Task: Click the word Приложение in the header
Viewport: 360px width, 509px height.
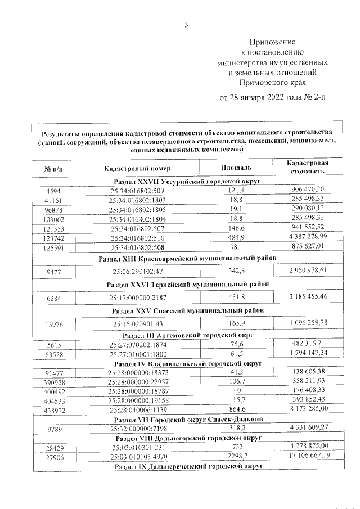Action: point(272,42)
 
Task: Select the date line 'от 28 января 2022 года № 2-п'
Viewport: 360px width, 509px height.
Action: point(272,97)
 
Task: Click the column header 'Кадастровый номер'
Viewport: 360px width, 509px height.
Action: point(137,168)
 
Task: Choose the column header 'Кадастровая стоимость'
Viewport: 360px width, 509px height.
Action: point(307,168)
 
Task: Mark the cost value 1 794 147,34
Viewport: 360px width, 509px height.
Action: point(308,353)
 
